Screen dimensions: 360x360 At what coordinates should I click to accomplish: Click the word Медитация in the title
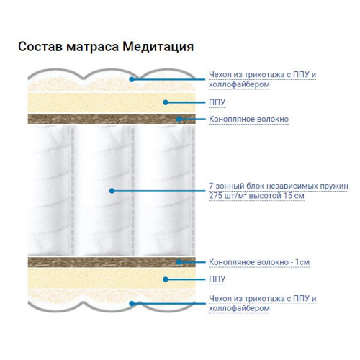[158, 47]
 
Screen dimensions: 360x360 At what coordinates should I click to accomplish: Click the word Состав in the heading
[40, 47]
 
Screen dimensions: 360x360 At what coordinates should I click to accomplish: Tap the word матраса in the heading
[92, 47]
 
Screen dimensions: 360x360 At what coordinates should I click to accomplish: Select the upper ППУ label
[217, 102]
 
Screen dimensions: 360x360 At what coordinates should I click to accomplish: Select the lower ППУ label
[217, 279]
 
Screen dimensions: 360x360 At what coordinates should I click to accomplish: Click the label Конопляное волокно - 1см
[259, 262]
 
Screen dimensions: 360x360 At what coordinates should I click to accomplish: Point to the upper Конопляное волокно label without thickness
[248, 119]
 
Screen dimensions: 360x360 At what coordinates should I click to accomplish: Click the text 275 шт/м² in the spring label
[228, 196]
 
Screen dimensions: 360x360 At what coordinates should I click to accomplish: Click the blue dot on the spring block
[112, 191]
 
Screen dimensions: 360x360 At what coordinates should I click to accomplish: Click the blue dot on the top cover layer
[132, 79]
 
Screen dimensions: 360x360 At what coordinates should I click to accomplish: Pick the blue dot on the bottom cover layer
[132, 304]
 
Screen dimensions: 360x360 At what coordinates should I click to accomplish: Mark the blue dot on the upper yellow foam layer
[166, 102]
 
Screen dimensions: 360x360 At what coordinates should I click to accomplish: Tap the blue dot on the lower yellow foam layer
[166, 279]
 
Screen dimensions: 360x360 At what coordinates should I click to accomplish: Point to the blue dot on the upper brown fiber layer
[179, 119]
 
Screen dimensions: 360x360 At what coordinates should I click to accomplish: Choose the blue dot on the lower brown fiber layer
[179, 262]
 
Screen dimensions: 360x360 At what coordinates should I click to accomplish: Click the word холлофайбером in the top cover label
[239, 84]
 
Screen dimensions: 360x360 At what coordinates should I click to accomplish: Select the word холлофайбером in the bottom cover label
[239, 308]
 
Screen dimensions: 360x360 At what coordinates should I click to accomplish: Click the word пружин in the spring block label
[334, 186]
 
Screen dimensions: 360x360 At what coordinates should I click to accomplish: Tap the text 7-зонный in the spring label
[223, 186]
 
